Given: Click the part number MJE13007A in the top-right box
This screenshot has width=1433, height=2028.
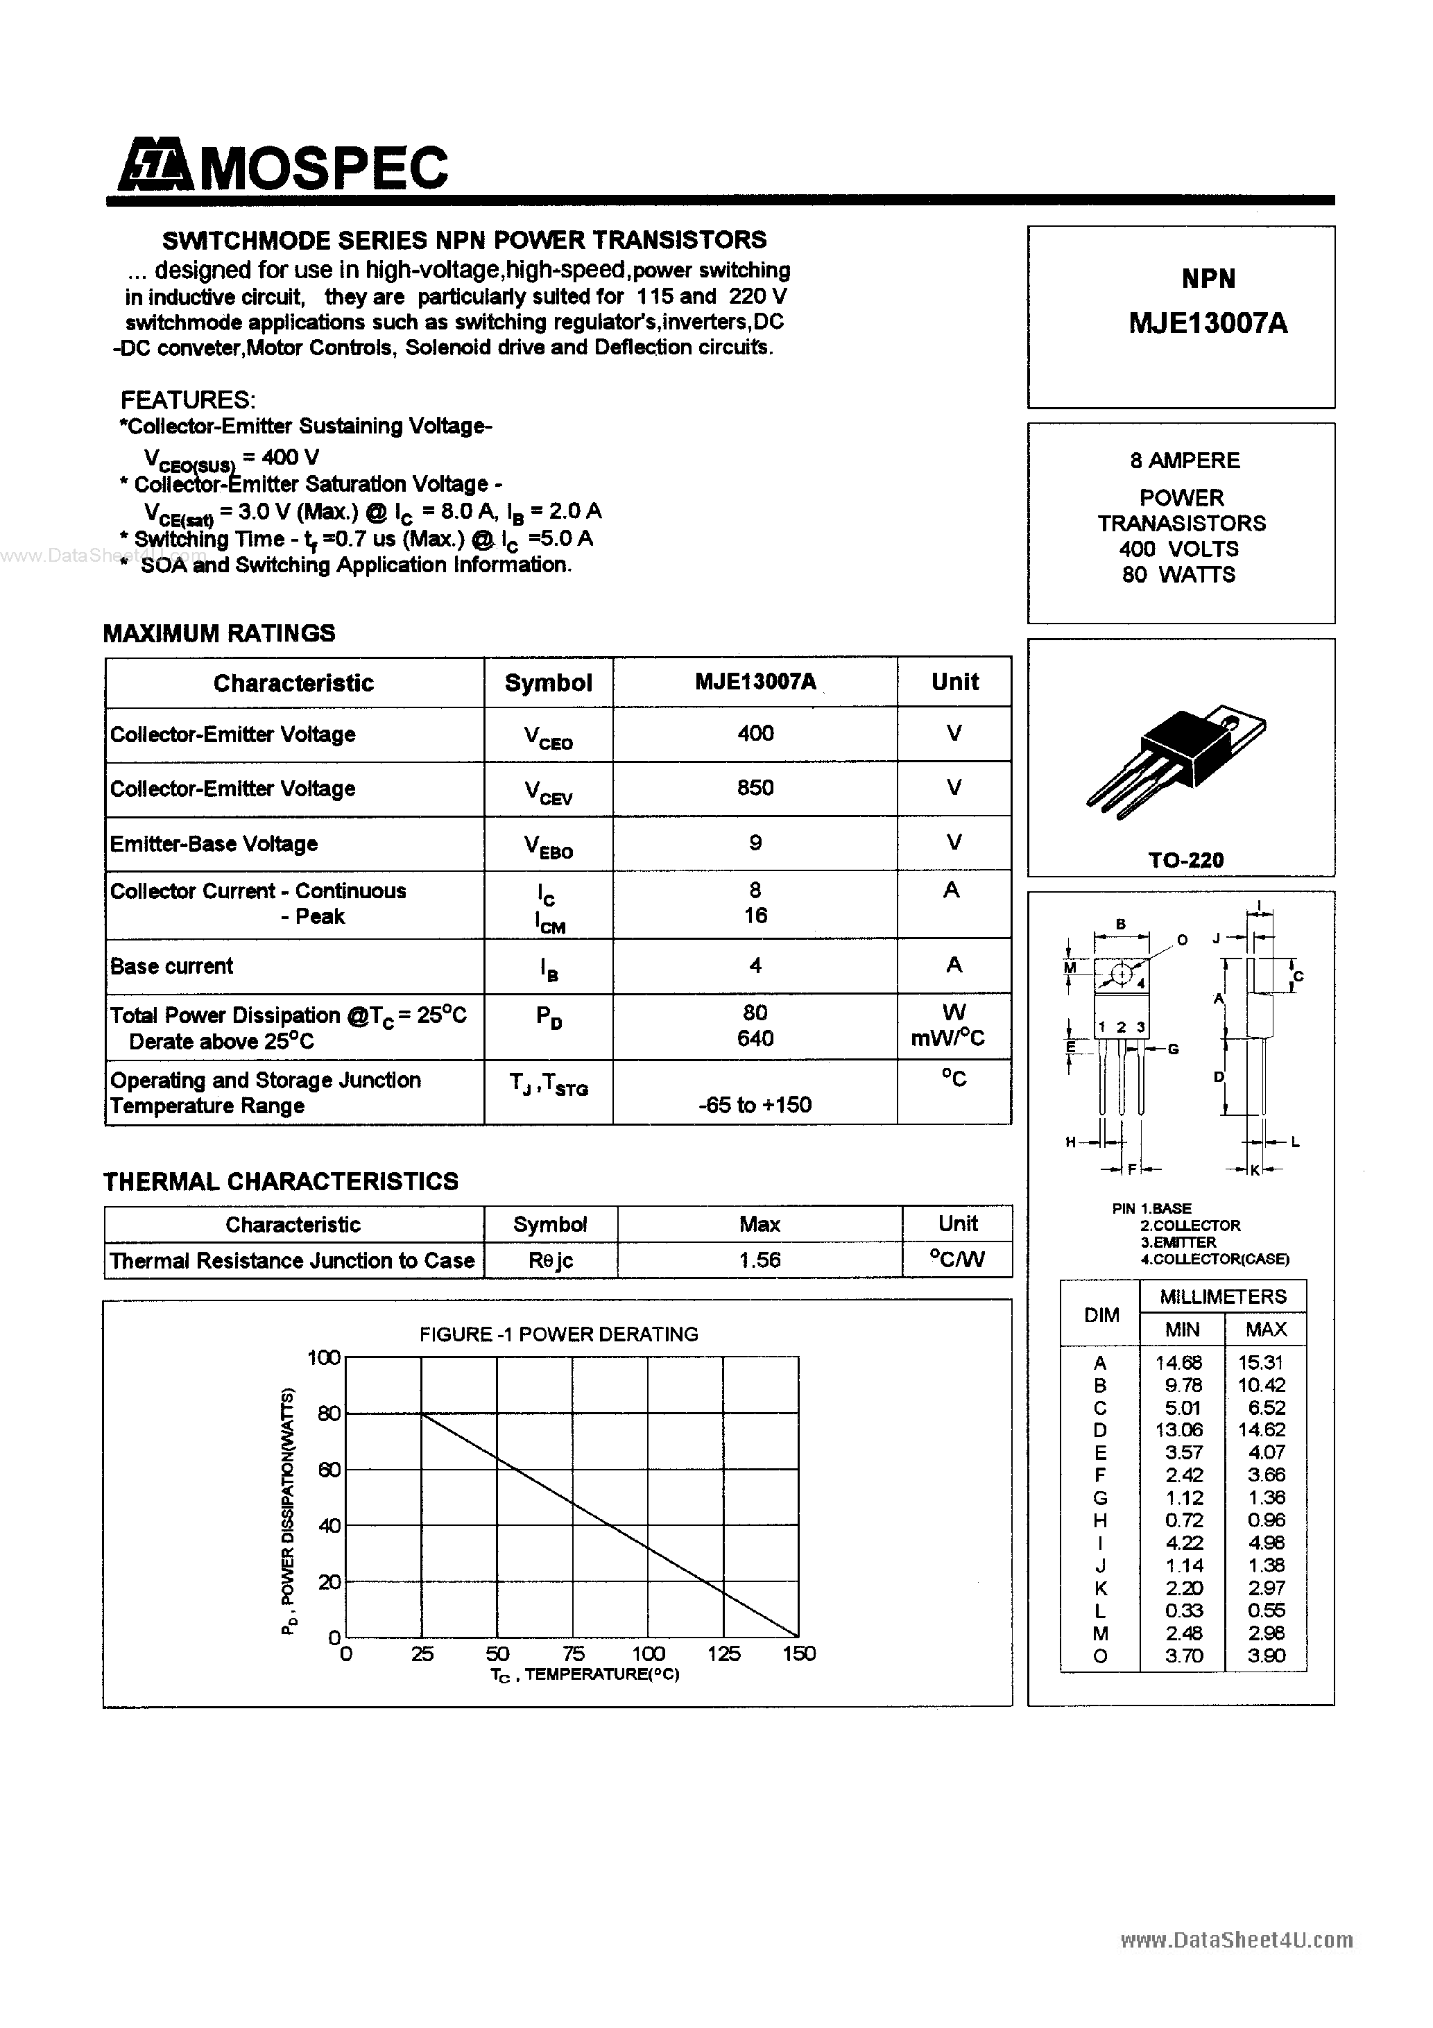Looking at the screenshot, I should click(1208, 324).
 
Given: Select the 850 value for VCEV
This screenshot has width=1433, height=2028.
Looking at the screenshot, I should click(755, 788).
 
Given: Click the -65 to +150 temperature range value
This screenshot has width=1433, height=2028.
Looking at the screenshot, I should click(755, 1105).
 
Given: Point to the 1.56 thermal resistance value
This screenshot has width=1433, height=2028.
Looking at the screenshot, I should click(760, 1260).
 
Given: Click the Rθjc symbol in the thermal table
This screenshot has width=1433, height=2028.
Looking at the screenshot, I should click(551, 1260).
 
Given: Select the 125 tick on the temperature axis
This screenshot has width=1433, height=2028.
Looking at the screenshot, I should click(723, 1653).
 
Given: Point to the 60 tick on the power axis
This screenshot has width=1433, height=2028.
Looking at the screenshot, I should click(329, 1470).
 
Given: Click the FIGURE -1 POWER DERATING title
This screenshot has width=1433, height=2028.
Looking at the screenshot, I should click(558, 1334).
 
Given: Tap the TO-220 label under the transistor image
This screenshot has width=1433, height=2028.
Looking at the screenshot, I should click(1185, 860).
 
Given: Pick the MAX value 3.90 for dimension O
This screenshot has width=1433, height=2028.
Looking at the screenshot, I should click(1266, 1656).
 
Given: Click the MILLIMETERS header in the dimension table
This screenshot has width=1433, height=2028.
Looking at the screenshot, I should click(1223, 1297).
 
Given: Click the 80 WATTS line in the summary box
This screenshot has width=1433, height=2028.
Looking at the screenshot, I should click(1178, 575).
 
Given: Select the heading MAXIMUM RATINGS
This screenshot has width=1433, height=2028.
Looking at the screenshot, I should click(219, 633).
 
